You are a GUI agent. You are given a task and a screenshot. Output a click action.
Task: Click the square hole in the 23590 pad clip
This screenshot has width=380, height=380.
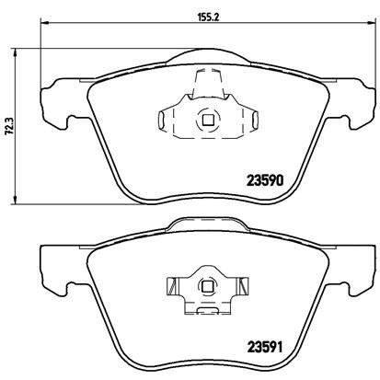point(206,118)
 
